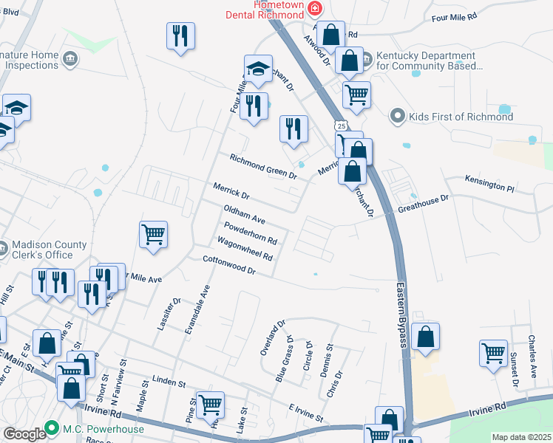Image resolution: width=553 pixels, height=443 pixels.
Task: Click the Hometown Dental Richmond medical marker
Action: pyautogui.click(x=316, y=8)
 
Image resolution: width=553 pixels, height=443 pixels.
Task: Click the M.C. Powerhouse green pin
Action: pyautogui.click(x=52, y=427)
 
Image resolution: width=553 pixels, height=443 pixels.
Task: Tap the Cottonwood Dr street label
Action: pyautogui.click(x=229, y=265)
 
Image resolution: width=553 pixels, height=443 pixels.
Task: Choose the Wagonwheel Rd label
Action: pyautogui.click(x=245, y=249)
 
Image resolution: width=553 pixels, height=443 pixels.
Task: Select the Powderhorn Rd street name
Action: pyautogui.click(x=250, y=233)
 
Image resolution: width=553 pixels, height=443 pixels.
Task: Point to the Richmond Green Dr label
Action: pyautogui.click(x=262, y=167)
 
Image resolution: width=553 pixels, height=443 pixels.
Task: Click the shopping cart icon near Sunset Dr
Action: pyautogui.click(x=493, y=351)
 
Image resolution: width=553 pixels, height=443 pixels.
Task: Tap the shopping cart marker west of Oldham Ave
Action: pyautogui.click(x=153, y=235)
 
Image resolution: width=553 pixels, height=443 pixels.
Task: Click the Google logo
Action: pyautogui.click(x=24, y=433)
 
